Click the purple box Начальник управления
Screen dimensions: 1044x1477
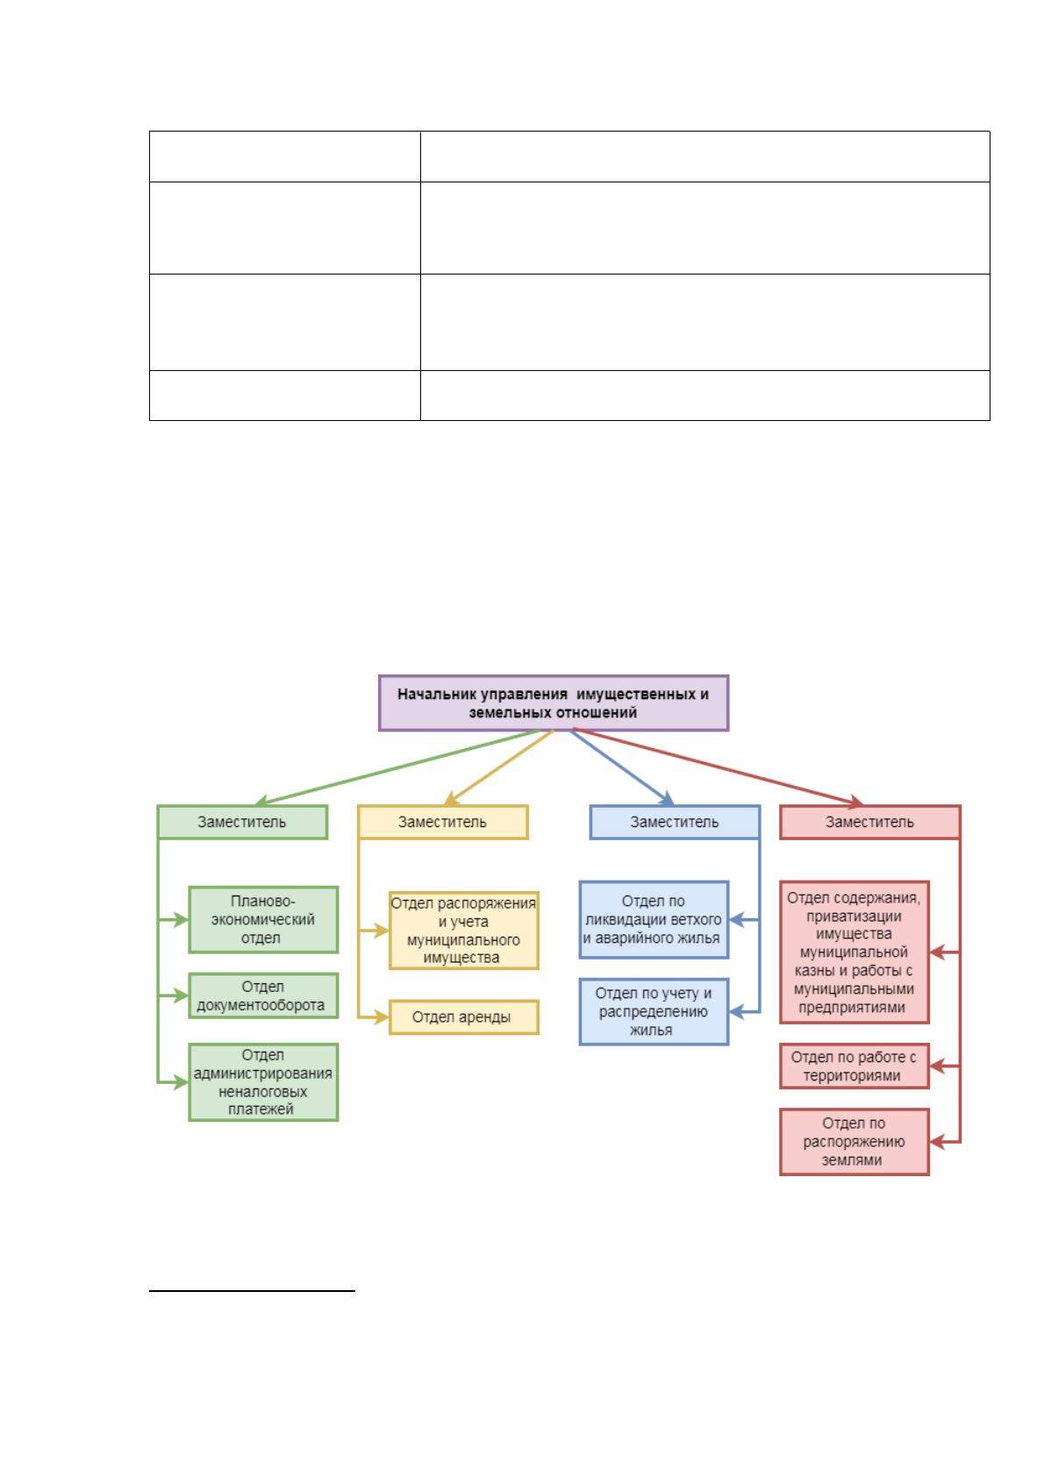(554, 703)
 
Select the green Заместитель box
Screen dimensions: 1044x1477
(242, 822)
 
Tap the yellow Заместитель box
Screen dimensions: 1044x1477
(442, 822)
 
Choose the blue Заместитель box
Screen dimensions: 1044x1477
(675, 822)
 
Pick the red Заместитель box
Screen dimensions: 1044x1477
(870, 822)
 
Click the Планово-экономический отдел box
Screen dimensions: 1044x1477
(263, 919)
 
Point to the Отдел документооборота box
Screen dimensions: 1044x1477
(263, 995)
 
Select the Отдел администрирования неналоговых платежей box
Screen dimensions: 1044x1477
(263, 1081)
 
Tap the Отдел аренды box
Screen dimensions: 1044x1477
(463, 1017)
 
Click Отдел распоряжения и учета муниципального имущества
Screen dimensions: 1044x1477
(463, 930)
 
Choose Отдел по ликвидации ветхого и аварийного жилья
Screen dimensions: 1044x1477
(654, 919)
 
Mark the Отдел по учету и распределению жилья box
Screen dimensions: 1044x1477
(654, 1011)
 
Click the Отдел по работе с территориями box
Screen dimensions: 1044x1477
(854, 1066)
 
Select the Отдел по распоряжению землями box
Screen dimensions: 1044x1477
(854, 1141)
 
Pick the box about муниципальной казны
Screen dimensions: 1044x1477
(854, 952)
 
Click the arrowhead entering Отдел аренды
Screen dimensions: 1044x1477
(382, 1017)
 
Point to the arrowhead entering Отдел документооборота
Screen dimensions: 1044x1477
(181, 995)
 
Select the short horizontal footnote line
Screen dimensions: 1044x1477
(252, 1290)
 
